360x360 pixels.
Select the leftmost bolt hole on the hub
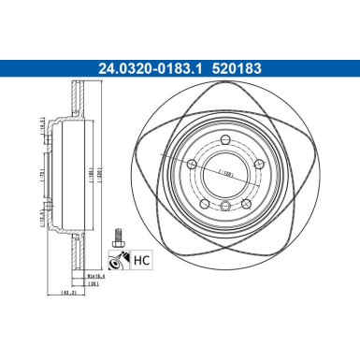192,165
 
